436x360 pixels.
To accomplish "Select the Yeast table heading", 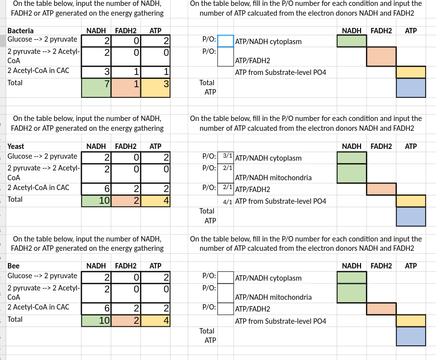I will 16,146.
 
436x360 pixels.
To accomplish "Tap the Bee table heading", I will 13,265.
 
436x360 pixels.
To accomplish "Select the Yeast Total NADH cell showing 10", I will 96,200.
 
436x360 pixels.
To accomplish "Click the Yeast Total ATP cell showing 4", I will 155,200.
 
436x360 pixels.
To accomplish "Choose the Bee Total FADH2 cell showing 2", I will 125,320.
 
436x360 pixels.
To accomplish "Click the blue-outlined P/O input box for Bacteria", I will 226,41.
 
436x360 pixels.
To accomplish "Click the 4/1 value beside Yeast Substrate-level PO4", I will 227,201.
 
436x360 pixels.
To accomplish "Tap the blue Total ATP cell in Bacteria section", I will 411,88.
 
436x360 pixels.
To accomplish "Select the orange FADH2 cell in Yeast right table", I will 381,189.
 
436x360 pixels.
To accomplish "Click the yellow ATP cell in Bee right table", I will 411,320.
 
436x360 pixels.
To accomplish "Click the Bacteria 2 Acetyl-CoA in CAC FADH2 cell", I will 125,72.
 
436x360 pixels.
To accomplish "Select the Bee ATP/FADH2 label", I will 253,309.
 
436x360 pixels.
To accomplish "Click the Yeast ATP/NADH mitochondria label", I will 273,178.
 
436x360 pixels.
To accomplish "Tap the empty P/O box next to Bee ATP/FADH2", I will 226,309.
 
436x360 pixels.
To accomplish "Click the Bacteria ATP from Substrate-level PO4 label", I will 281,73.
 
